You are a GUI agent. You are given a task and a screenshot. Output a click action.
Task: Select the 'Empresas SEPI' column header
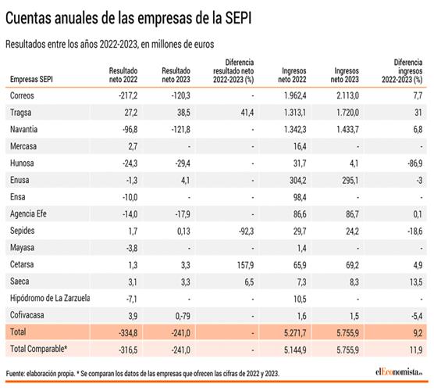[32, 78]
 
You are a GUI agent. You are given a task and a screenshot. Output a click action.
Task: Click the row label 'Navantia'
[24, 128]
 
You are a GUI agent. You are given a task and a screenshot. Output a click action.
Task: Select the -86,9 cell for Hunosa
[413, 163]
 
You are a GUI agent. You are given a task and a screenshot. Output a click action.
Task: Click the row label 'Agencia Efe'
[30, 213]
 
